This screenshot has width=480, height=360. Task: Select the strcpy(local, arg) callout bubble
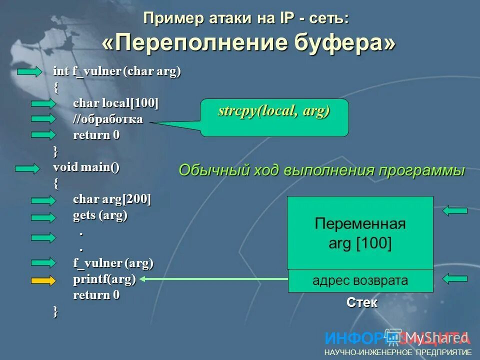274,117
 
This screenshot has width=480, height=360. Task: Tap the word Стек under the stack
362,302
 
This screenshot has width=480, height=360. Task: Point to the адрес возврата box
360,280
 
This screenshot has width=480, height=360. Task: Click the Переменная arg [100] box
360,233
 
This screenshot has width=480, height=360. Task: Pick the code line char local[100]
115,103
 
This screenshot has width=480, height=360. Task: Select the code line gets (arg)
100,215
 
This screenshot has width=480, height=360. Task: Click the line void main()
86,167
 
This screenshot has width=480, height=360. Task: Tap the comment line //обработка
108,119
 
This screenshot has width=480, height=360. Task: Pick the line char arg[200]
112,199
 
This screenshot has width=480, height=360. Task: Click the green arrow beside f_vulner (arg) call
43,263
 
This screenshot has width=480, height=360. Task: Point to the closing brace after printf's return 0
55,311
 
